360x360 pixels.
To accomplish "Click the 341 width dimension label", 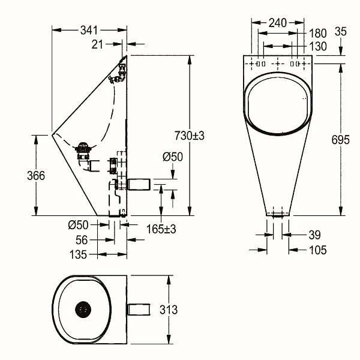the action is point(89,31).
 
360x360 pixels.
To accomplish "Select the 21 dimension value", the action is point(97,44).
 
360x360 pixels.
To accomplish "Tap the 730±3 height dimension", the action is point(189,136).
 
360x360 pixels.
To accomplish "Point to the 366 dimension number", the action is point(36,176).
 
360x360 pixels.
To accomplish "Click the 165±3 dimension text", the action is point(161,229).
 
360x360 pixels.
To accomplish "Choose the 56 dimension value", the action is point(82,240).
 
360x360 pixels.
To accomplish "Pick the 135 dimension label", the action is point(78,254).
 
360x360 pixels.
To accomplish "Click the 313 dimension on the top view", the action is point(169,310).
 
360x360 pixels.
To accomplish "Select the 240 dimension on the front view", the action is point(278,23).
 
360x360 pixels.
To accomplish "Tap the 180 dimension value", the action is point(318,34).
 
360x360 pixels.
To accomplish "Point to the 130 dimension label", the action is point(318,46).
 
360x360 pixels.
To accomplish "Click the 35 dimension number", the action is point(340,31).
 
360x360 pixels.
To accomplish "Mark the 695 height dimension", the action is point(340,140).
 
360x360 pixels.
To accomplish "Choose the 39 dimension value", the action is point(315,235).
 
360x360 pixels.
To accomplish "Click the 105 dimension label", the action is point(318,250).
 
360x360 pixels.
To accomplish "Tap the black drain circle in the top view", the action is point(83,310).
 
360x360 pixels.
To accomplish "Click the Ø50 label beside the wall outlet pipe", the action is point(173,157).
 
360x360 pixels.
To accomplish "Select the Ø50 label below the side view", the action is point(78,225).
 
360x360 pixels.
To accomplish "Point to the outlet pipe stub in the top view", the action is point(139,310).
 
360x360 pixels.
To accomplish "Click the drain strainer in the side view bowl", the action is point(83,151).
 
